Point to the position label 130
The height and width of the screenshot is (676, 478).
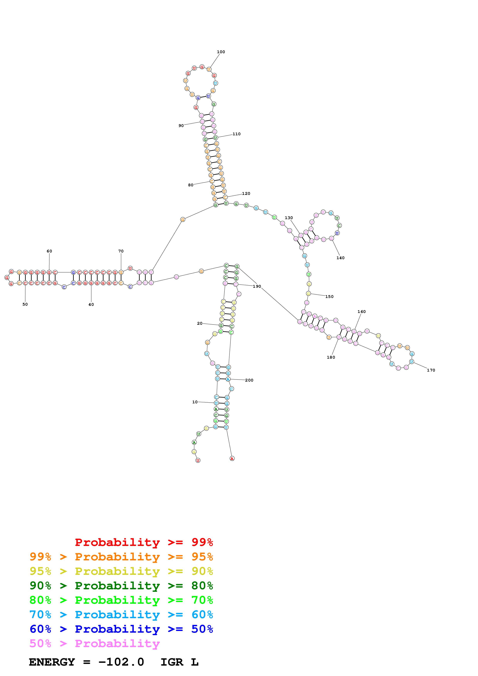pyautogui.click(x=289, y=218)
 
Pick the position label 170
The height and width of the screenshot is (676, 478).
pyautogui.click(x=431, y=370)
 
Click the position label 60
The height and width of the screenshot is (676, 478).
pyautogui.click(x=49, y=251)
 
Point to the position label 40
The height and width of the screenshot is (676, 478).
pyautogui.click(x=91, y=304)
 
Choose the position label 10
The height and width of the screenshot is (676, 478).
pyautogui.click(x=195, y=402)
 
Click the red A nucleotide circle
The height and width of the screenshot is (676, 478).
pyautogui.click(x=232, y=458)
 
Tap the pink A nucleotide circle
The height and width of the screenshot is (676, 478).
pyautogui.click(x=314, y=316)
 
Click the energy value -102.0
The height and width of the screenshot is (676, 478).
pyautogui.click(x=121, y=662)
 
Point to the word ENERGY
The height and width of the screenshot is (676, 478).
pyautogui.click(x=52, y=662)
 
